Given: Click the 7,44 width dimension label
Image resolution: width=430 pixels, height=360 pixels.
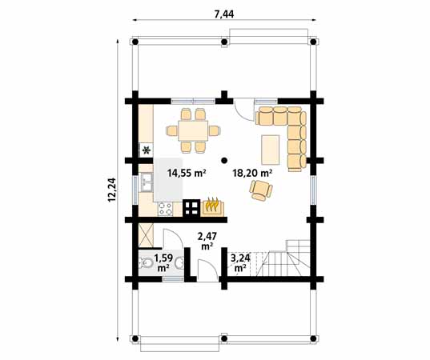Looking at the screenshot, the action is (x=224, y=14).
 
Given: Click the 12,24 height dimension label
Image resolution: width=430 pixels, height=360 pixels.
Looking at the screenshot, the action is (x=112, y=190).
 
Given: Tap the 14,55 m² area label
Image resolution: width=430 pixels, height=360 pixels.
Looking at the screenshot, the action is (x=187, y=173).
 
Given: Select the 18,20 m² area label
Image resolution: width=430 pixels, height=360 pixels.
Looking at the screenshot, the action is (x=252, y=173).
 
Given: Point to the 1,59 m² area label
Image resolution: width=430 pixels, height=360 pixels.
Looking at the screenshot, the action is (x=163, y=262).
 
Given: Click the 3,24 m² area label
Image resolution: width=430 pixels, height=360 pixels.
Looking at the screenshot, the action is (x=240, y=262).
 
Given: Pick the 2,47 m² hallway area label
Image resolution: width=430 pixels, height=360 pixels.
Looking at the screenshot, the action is (x=207, y=241).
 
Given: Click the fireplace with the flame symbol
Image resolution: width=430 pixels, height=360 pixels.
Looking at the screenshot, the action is (x=212, y=208).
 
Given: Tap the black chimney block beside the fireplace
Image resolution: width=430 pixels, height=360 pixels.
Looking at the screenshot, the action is (x=191, y=208).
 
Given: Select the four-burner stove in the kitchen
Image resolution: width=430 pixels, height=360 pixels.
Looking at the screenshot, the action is (x=166, y=209).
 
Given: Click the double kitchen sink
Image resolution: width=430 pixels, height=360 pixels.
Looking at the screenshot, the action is (x=146, y=182).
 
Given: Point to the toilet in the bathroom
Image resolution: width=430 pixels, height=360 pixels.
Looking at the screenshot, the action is (x=146, y=263).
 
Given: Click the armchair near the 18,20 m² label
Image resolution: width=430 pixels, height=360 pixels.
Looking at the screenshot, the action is (x=261, y=190).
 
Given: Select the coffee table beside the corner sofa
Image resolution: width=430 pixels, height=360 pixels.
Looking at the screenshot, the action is (x=271, y=150).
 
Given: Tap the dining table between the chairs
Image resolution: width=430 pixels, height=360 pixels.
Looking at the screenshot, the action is (x=193, y=130).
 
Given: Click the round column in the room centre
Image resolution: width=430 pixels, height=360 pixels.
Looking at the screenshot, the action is (x=224, y=160).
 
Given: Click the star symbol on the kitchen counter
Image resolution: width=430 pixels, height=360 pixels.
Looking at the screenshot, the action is (x=147, y=150).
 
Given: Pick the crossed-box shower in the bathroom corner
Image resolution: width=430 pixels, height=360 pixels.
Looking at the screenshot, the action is (x=147, y=235).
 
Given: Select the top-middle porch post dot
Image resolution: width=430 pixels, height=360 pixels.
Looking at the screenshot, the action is (x=224, y=42).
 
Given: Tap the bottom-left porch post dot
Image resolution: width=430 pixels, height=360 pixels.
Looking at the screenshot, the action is (x=135, y=338).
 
